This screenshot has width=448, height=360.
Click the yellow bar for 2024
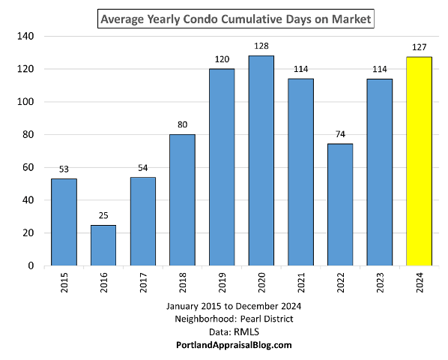419,161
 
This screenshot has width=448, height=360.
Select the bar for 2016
103,244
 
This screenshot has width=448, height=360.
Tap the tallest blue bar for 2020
261,160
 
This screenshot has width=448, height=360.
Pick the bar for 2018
183,199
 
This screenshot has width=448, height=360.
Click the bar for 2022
340,205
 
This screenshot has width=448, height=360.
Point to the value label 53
64,169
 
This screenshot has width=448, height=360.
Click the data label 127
419,47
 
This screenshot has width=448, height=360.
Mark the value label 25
103,215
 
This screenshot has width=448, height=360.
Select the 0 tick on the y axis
31,265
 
